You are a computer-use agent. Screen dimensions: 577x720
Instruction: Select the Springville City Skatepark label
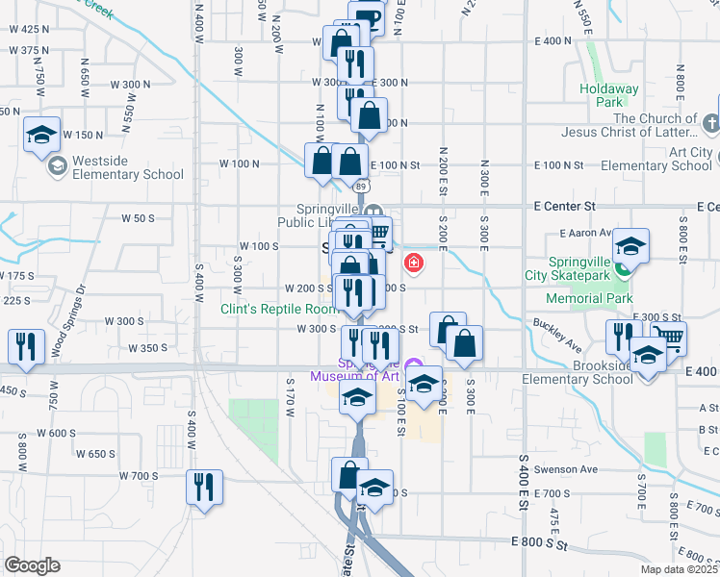pyautogui.click(x=579, y=268)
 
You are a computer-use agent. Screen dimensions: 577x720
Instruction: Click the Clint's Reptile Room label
pyautogui.click(x=279, y=309)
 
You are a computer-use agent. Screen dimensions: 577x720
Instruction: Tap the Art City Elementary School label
pyautogui.click(x=664, y=160)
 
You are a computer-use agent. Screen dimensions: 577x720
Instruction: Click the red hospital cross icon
pyautogui.click(x=414, y=262)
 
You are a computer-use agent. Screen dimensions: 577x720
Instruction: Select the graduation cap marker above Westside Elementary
pyautogui.click(x=41, y=135)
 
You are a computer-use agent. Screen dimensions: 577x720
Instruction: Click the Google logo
pyautogui.click(x=32, y=565)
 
